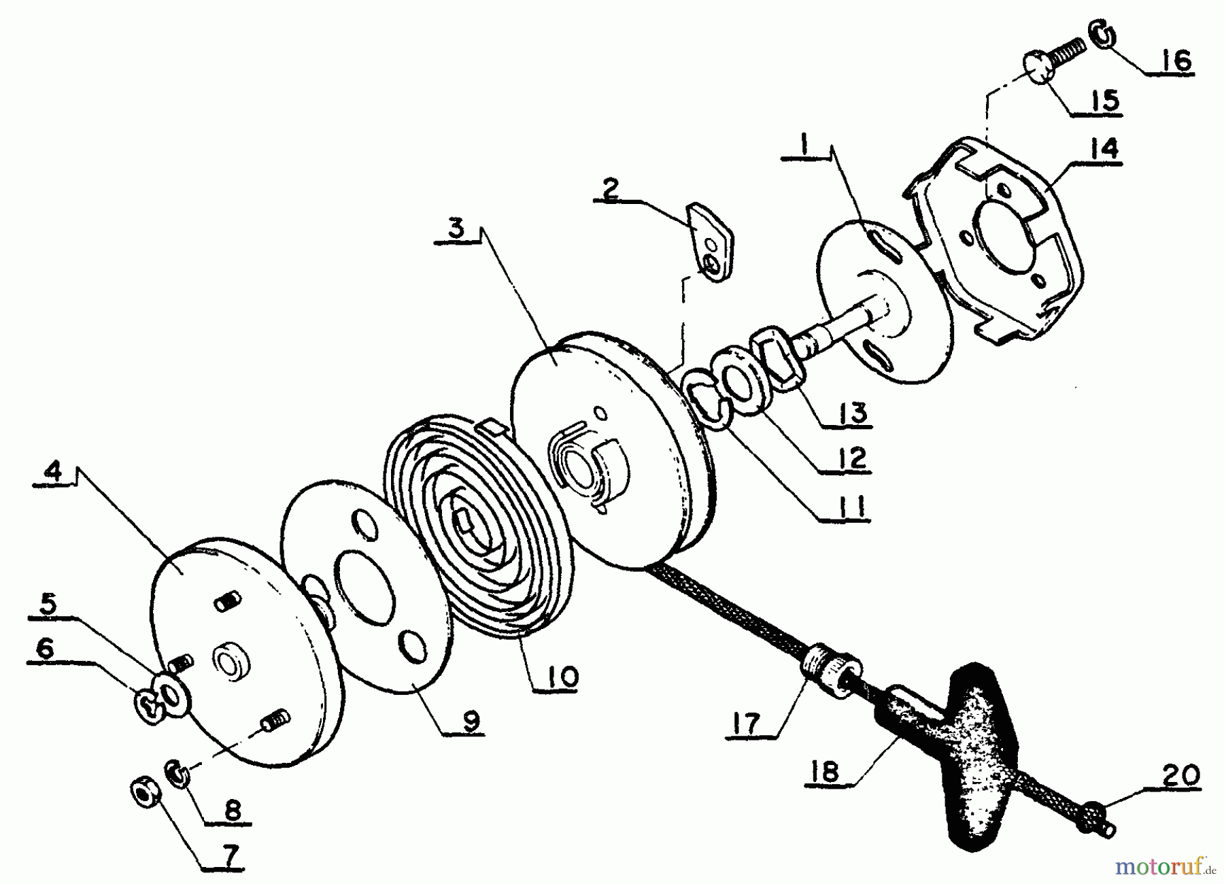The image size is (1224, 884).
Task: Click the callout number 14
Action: pos(1104,148)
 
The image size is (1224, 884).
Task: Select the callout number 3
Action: pos(456,228)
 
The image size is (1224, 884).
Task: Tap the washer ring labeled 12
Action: pos(739,381)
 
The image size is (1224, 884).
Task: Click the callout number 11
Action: pos(851,507)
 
